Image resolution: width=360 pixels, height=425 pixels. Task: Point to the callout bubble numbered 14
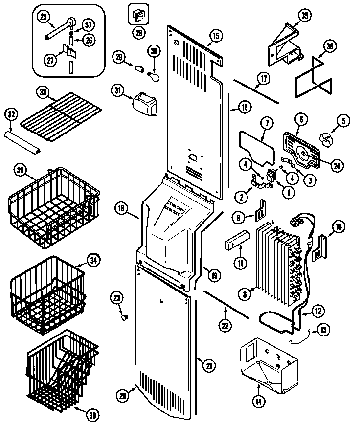258,402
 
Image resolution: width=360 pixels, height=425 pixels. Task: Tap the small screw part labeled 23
124,318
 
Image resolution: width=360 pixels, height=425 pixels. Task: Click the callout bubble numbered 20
123,396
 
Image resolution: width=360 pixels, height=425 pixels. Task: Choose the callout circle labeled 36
329,47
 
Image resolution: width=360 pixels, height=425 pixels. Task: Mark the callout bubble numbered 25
44,17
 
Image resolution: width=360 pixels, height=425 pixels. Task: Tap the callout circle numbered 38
90,415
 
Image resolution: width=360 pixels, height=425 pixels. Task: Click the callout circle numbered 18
122,208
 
